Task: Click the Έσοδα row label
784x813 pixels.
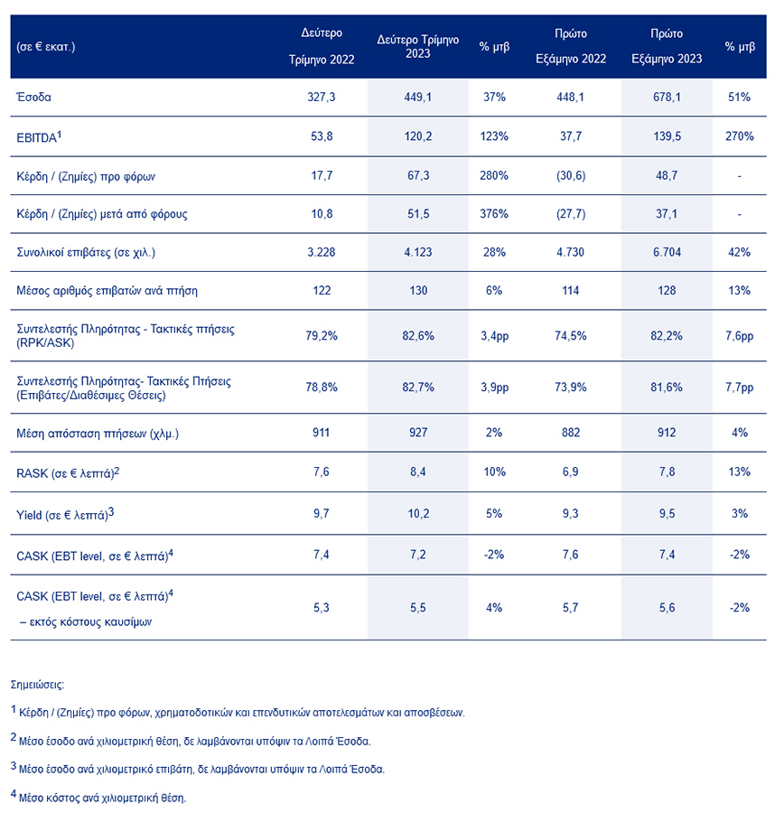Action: (34, 97)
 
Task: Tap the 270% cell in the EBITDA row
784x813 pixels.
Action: (738, 136)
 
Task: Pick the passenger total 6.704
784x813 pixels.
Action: (666, 252)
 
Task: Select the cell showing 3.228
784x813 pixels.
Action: (322, 252)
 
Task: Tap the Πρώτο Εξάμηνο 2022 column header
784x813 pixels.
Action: (572, 46)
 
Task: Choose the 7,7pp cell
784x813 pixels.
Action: (738, 387)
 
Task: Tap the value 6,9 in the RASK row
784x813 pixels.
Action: (572, 472)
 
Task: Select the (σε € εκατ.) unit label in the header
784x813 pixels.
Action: (46, 46)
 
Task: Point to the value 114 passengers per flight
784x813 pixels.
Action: (572, 290)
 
